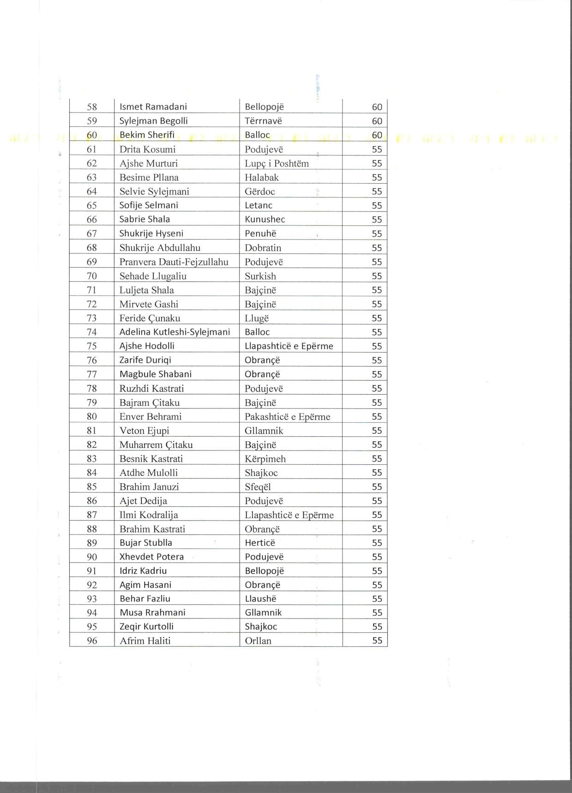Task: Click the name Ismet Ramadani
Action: click(153, 107)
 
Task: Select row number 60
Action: click(92, 135)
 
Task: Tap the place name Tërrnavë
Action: click(263, 121)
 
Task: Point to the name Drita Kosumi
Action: click(147, 149)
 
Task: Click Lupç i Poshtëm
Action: click(277, 163)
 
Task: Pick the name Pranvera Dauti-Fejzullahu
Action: click(174, 262)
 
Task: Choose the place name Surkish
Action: click(260, 276)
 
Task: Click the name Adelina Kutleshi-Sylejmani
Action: click(175, 332)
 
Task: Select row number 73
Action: click(92, 318)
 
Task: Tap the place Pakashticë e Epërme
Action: click(287, 416)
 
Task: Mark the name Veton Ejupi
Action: click(144, 431)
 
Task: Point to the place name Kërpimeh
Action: click(265, 459)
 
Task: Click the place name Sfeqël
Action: click(258, 487)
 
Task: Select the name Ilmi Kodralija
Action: click(149, 515)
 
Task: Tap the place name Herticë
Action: click(260, 543)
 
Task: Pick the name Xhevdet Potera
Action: click(151, 557)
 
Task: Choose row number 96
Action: click(92, 641)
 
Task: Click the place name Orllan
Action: click(258, 641)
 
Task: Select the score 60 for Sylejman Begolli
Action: click(377, 121)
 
